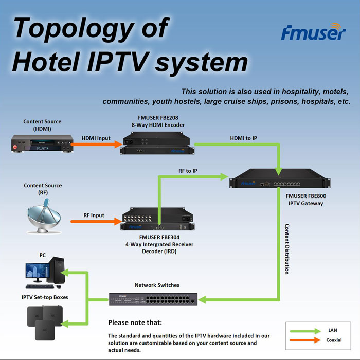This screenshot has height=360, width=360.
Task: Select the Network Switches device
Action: [x=153, y=298]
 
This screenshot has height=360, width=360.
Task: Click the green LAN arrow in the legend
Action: [x=304, y=331]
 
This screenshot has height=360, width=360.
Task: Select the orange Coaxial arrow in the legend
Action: [x=304, y=340]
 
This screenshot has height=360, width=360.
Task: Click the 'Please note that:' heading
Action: [x=135, y=323]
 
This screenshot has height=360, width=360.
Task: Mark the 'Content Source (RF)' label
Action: [x=43, y=189]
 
